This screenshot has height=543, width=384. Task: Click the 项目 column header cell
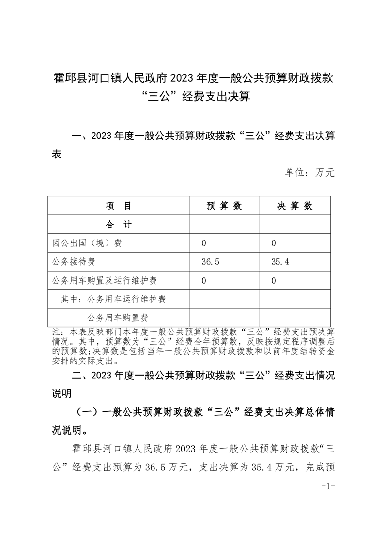click(119, 206)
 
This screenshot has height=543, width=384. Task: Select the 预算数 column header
click(224, 206)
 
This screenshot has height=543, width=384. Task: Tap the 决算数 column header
click(294, 206)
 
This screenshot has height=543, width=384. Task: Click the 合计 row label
click(119, 225)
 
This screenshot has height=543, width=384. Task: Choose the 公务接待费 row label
click(73, 262)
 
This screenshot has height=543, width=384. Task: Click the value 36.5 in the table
click(211, 262)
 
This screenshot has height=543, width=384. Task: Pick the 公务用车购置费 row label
click(118, 317)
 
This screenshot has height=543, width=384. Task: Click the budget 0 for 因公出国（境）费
click(204, 243)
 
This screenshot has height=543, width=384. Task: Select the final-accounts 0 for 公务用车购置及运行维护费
click(274, 281)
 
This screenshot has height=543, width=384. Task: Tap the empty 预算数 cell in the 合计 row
click(224, 225)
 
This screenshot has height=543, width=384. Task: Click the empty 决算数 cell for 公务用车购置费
click(294, 317)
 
